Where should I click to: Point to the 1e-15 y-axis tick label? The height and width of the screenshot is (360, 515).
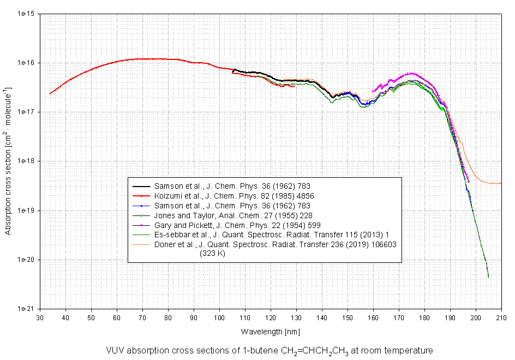(26, 14)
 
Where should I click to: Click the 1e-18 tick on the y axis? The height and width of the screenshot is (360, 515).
(26, 161)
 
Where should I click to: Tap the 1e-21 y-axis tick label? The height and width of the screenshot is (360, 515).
(26, 309)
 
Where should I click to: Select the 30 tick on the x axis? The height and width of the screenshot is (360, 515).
(40, 317)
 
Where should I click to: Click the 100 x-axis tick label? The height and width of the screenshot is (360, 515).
(219, 317)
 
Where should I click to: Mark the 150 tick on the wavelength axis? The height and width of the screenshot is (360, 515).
(348, 317)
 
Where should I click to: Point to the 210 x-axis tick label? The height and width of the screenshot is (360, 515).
(501, 317)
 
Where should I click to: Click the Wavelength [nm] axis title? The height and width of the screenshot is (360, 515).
(270, 331)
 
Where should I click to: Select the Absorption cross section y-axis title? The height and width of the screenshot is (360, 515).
(8, 161)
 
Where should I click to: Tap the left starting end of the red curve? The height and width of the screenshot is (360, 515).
(50, 93)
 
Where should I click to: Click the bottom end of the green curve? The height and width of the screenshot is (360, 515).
(488, 277)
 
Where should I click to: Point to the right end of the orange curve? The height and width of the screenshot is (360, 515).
(501, 183)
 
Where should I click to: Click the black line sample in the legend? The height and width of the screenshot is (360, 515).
(141, 185)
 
